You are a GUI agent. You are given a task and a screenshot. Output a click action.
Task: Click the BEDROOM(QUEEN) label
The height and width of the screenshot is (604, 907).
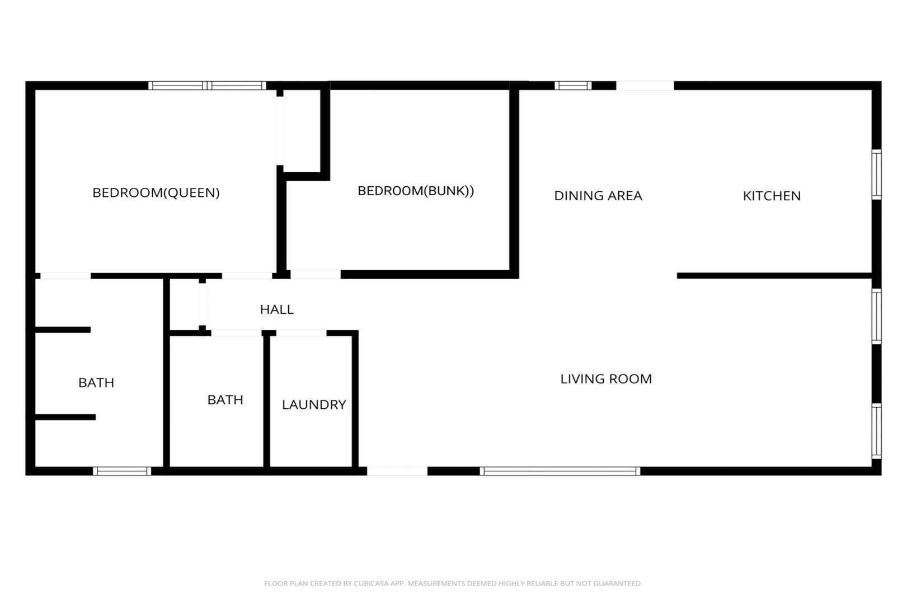click(156, 193)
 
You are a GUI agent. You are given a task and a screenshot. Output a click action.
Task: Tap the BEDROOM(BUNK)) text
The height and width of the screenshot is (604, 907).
click(415, 191)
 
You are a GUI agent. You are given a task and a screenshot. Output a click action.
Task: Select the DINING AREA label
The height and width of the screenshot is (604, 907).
click(598, 196)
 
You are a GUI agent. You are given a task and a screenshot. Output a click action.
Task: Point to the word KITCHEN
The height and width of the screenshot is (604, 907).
click(772, 196)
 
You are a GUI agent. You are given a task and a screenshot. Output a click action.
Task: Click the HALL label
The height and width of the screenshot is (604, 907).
click(276, 310)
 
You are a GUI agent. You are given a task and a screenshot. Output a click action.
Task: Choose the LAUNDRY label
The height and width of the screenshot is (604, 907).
click(314, 404)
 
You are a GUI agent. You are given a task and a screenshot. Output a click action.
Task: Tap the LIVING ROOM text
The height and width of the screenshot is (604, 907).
click(606, 379)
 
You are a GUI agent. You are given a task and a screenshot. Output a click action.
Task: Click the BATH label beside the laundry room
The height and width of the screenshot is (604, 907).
click(225, 400)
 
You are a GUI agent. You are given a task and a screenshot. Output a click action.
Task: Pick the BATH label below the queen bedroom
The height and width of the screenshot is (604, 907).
click(96, 383)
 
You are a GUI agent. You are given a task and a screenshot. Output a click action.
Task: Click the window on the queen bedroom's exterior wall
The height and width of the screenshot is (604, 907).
click(207, 86)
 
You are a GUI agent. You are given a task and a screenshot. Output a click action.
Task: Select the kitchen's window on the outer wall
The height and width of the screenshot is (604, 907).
click(876, 174)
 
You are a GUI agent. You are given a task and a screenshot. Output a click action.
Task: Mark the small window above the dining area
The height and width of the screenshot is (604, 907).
click(573, 86)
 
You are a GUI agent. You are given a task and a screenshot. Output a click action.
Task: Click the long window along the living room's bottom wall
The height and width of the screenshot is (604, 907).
click(560, 471)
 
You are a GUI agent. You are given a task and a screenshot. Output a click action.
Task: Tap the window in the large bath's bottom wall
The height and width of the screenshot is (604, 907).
click(122, 471)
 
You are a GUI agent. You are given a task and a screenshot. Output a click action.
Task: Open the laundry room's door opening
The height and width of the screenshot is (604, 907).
click(301, 333)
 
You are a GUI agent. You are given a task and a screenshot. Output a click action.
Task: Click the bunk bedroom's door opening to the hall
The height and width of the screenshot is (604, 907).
click(316, 275)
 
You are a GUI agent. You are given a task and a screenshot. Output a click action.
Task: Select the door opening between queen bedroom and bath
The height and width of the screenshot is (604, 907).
click(65, 276)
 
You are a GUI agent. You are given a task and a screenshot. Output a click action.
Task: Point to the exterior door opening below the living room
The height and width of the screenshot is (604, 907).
click(397, 471)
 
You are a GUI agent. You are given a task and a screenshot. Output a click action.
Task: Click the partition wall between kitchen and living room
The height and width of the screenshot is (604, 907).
click(774, 276)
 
